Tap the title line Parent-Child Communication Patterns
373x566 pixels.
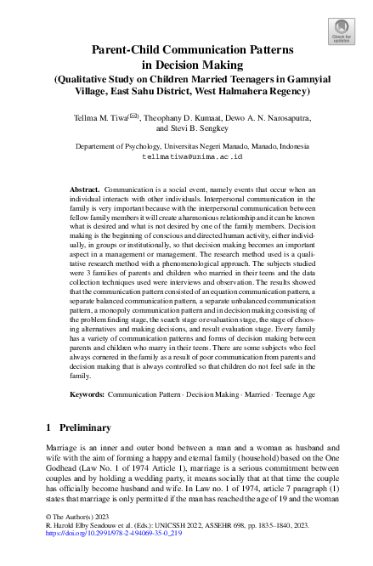tap(186, 50)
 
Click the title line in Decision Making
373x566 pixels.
tap(186, 65)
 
